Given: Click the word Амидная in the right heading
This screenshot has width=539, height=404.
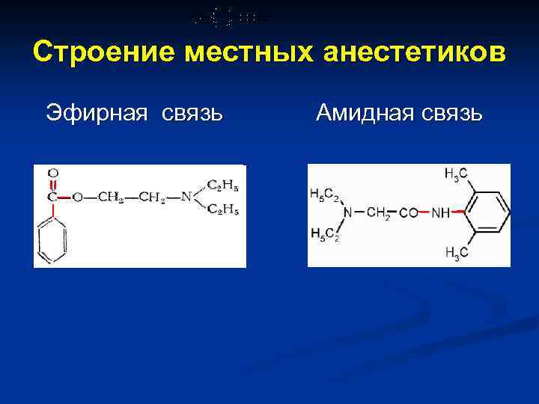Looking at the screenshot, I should pos(363,113).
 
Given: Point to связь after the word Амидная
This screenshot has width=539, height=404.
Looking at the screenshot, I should pos(451,113).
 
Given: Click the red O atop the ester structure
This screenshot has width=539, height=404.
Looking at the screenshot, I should pos(52,174).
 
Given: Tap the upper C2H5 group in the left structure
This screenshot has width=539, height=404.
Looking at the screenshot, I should pos(222,185).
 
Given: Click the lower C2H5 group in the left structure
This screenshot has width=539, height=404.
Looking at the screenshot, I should pos(222,209).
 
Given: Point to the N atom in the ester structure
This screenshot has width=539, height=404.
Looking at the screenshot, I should pos(186,198).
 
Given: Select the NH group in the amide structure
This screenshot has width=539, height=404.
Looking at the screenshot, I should pos(440,213).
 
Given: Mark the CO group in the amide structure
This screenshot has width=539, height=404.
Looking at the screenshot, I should pos(408,213).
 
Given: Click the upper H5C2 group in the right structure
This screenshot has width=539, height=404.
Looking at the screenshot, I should pos(324,195).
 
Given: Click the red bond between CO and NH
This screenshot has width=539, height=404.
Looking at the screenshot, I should pos(424,213).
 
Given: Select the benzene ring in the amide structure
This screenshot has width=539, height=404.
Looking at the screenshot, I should pos(488,213).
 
